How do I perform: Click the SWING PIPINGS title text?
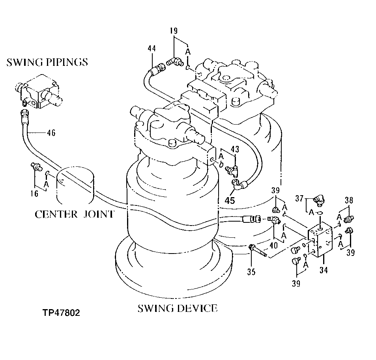click(x=47, y=62)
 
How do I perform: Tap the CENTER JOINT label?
click(x=75, y=214)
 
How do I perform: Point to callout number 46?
click(x=51, y=133)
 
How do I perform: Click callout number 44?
click(x=152, y=48)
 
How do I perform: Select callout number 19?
click(x=174, y=30)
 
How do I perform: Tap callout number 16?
click(x=35, y=193)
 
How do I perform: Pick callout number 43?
click(x=235, y=150)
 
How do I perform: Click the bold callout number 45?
click(x=229, y=200)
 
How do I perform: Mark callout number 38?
click(x=348, y=200)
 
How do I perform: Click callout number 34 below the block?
click(x=324, y=270)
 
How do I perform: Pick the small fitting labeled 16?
click(x=36, y=167)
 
